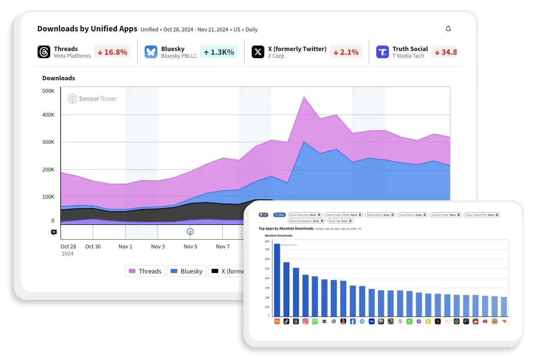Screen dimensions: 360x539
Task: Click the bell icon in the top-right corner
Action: tap(448, 29)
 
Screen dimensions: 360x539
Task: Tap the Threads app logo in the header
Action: tap(44, 52)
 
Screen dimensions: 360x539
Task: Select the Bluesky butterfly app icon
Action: tap(151, 52)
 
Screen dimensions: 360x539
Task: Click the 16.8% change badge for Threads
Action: tap(112, 52)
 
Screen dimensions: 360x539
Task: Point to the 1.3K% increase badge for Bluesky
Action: tap(219, 52)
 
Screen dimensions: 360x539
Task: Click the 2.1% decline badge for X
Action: tap(346, 52)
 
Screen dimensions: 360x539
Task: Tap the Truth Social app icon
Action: tap(382, 52)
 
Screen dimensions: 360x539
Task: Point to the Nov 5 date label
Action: tap(190, 247)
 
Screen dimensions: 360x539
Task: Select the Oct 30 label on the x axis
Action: tap(93, 247)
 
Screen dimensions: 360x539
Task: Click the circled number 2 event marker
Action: tap(190, 232)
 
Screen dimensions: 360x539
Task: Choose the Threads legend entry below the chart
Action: tap(145, 271)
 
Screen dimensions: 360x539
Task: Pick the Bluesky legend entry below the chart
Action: tap(186, 271)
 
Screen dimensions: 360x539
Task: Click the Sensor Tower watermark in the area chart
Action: tap(92, 99)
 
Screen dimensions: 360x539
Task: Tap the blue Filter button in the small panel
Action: tap(279, 215)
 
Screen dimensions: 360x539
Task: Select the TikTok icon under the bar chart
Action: tap(286, 322)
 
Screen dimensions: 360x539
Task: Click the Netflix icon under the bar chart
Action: tap(438, 322)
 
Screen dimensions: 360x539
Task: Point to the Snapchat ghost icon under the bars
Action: tap(428, 322)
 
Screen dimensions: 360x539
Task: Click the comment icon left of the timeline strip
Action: tap(54, 232)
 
